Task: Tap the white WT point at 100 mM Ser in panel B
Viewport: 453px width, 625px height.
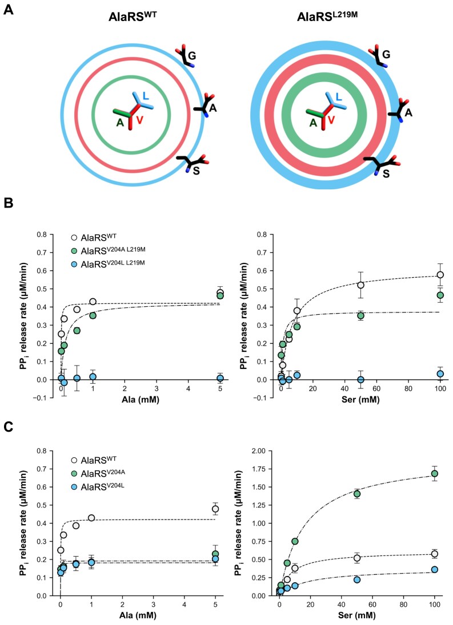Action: click(x=440, y=275)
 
